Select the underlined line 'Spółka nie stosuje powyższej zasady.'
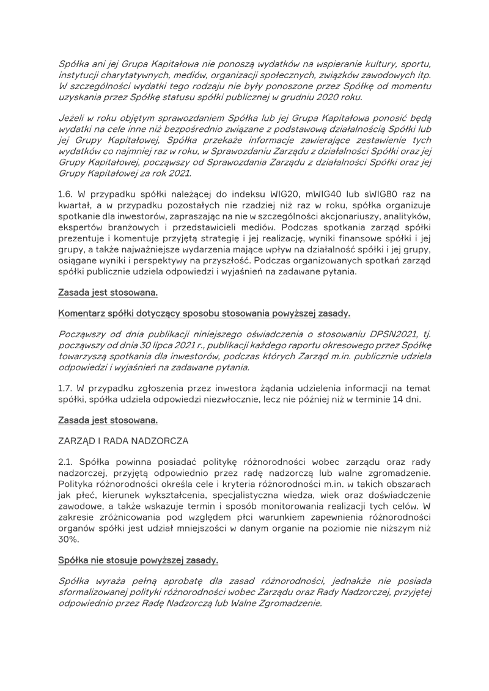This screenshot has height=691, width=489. click(x=138, y=560)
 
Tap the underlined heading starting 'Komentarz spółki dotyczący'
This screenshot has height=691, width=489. click(x=204, y=313)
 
